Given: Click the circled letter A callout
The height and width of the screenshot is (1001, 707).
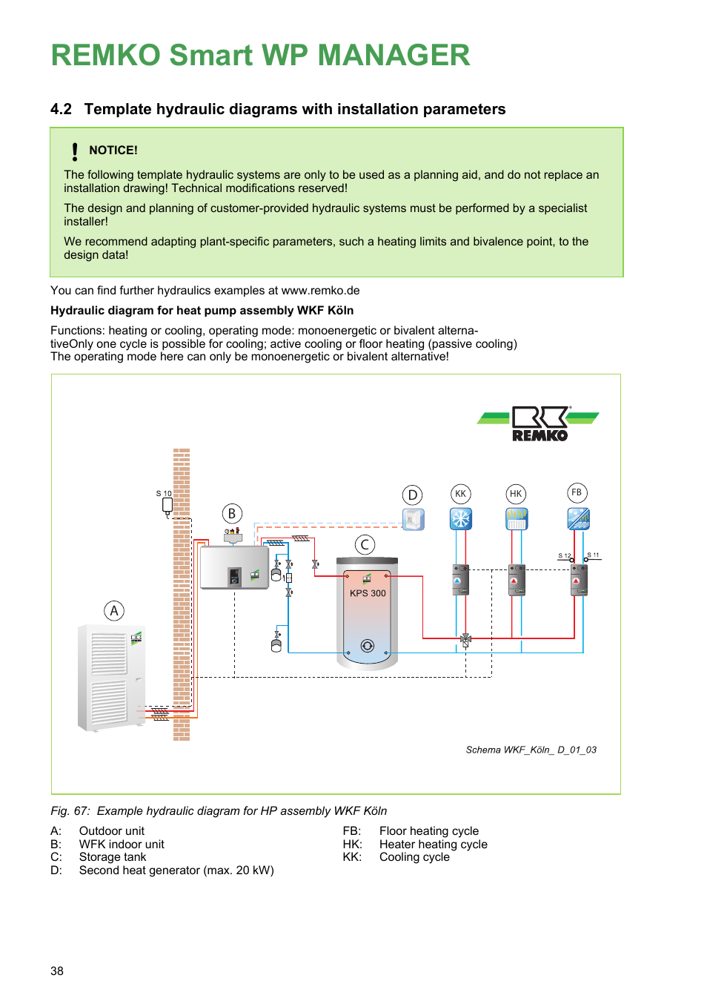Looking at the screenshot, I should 114,611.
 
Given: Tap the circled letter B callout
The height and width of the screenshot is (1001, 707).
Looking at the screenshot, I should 232,514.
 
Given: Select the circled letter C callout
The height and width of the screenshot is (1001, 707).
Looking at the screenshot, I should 365,545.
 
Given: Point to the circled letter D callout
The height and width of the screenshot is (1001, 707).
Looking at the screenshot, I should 413,495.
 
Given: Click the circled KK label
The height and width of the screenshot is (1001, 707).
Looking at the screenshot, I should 461,494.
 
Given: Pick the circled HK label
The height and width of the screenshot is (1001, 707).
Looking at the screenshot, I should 516,494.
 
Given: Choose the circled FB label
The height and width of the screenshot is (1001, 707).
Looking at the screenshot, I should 577,493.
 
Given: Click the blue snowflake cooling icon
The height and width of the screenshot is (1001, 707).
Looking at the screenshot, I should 461,518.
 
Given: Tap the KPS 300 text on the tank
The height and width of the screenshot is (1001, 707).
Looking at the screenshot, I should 368,593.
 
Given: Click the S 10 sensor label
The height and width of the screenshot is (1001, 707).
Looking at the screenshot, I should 164,494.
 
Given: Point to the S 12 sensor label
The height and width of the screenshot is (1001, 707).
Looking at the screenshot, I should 565,556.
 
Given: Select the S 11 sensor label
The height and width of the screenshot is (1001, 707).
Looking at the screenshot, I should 594,555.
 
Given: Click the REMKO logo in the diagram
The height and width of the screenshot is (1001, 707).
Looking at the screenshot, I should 539,424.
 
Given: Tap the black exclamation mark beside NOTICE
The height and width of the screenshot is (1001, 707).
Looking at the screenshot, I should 75,152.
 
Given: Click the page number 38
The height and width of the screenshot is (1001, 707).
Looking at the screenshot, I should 57,971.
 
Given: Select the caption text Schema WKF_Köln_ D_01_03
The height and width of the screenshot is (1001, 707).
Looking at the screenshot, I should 531,750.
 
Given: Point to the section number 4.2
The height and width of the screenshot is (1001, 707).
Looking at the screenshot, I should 61,109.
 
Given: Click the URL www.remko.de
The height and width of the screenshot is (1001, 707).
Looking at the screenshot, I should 320,291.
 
